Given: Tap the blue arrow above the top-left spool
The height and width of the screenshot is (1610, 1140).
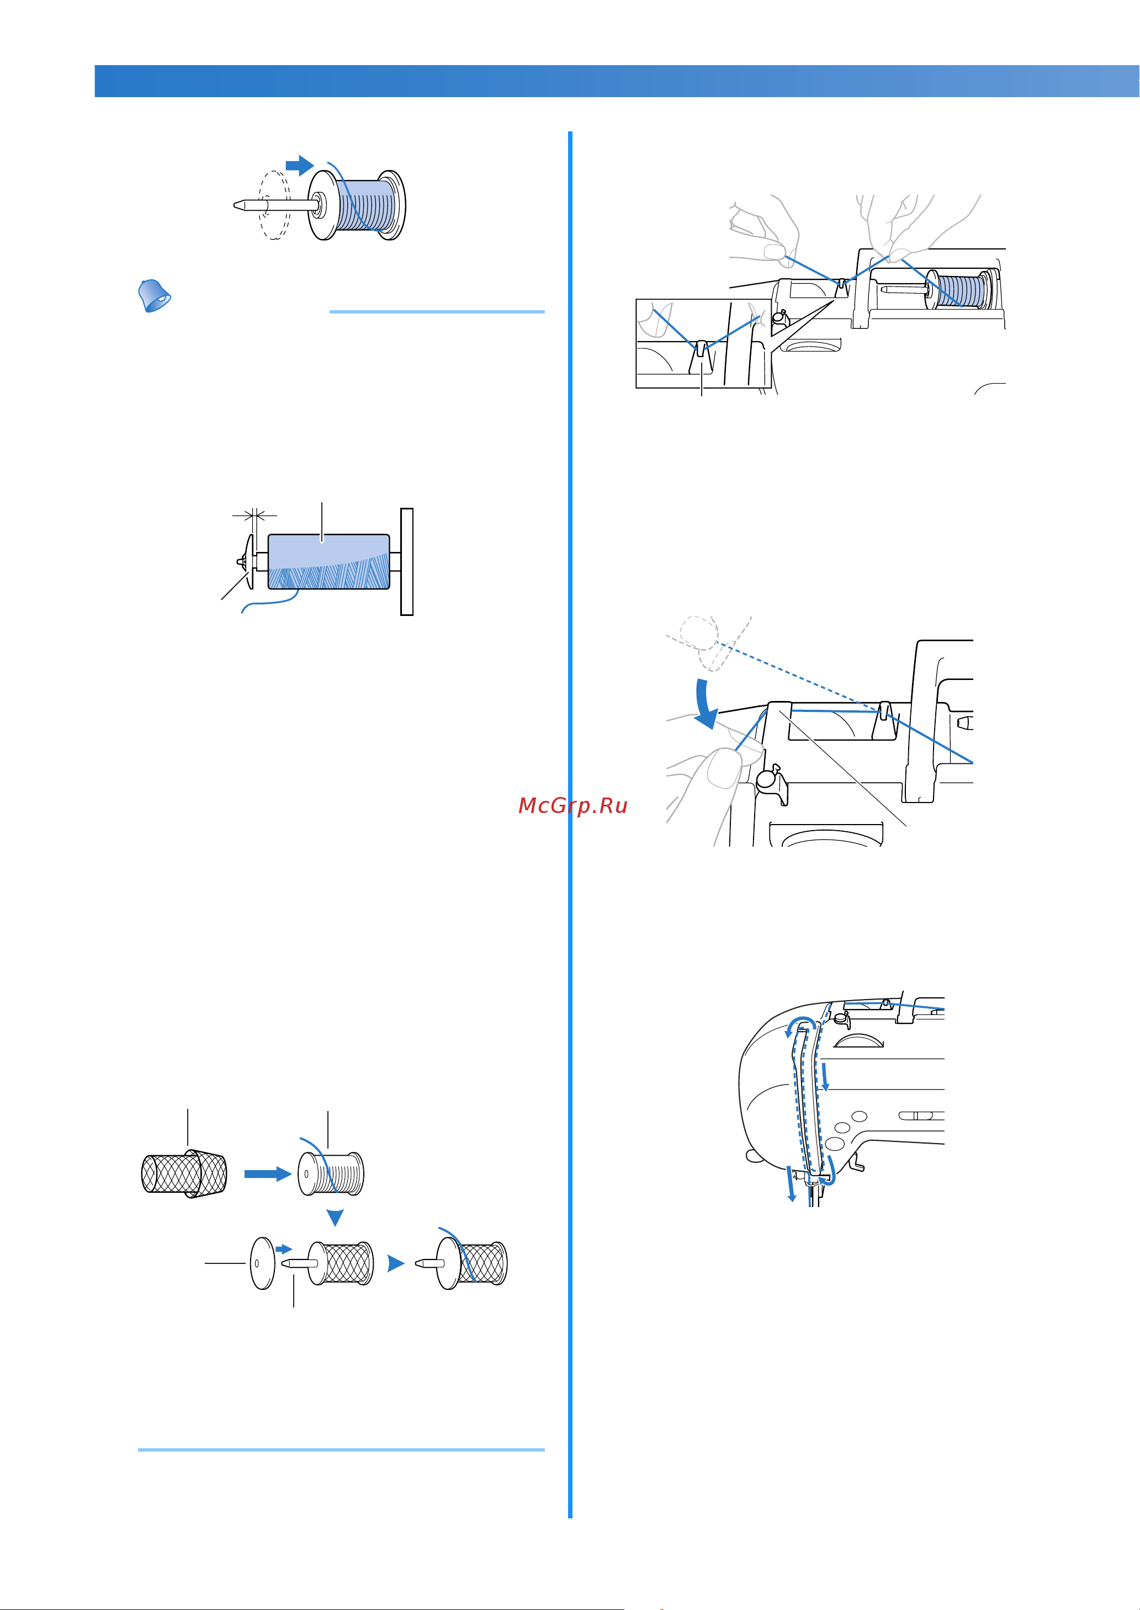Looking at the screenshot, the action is (300, 166).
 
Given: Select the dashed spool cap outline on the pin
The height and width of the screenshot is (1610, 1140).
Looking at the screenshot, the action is (274, 205).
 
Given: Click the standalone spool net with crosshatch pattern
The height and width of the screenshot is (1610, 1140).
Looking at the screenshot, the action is (184, 1173).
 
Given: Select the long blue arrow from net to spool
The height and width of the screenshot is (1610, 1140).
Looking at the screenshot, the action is (267, 1173).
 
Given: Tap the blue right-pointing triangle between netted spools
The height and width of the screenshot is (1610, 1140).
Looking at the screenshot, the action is (396, 1264).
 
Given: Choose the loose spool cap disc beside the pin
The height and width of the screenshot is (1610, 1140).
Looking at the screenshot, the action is (263, 1263).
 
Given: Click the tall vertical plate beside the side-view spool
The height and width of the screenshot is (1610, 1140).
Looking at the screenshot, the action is (406, 561).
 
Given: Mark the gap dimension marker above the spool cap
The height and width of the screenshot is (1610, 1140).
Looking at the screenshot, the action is (254, 517).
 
